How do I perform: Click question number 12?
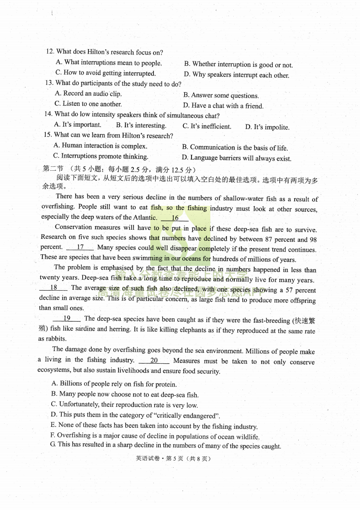point(50,52)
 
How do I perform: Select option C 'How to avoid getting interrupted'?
point(105,73)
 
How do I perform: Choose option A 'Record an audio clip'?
point(88,94)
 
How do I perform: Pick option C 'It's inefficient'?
point(207,127)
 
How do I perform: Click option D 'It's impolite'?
point(267,127)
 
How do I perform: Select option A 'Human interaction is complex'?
point(100,146)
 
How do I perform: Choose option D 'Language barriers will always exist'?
point(237,158)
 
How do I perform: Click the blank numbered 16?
point(175,218)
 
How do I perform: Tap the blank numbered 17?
point(80,248)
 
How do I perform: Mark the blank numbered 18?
point(54,287)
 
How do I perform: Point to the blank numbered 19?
point(67,319)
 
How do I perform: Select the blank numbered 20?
point(154,361)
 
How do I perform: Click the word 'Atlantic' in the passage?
point(144,218)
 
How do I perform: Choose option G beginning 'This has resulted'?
point(166,446)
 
